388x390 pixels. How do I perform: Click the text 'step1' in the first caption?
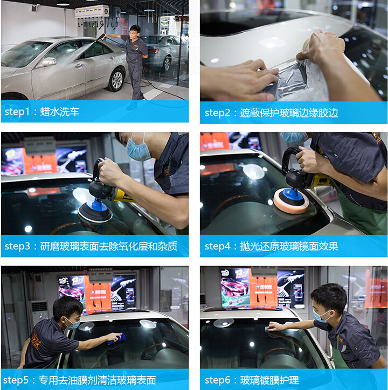(x=17, y=112)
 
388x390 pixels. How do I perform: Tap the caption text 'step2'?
(x=217, y=113)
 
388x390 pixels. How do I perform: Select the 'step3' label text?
(x=17, y=246)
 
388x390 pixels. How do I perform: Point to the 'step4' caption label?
(x=218, y=246)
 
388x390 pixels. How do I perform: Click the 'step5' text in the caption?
(x=16, y=380)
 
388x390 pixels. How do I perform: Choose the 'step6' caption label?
(x=218, y=380)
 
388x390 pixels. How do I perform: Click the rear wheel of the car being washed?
(x=116, y=80)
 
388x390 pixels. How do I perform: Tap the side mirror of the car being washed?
(x=48, y=62)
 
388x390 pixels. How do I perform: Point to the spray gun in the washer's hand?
(x=100, y=38)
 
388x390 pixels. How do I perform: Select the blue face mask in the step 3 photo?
(x=137, y=149)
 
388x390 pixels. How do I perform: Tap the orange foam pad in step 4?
(x=291, y=201)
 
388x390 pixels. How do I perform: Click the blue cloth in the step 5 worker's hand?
(x=117, y=338)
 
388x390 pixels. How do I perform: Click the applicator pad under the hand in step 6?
(x=268, y=329)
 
